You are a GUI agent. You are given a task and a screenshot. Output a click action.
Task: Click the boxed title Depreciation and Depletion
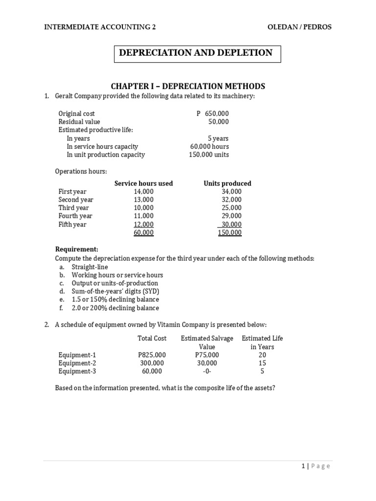[x=197, y=53]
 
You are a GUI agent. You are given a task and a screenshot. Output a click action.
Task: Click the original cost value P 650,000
[x=212, y=114]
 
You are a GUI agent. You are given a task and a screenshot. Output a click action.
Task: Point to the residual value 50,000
[x=218, y=122]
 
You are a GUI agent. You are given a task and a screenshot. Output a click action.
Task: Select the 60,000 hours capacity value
[x=210, y=146]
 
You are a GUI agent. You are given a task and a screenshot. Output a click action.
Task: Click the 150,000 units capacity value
[x=209, y=155]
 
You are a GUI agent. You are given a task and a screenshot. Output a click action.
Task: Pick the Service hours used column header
[x=143, y=183]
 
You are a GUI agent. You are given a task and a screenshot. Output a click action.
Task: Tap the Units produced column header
[x=227, y=183]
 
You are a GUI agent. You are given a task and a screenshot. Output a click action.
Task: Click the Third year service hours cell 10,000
[x=143, y=208]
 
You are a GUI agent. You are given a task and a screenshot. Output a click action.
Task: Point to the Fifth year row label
[x=72, y=224]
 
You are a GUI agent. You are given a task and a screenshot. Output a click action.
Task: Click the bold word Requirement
[x=77, y=249]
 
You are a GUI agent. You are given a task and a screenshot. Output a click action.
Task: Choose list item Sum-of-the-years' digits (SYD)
[x=115, y=291]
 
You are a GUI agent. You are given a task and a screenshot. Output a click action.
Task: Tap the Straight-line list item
[x=90, y=267]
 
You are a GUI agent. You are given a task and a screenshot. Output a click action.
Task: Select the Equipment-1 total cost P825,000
[x=152, y=355]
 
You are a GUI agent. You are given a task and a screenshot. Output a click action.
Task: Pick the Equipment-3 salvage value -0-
[x=207, y=371]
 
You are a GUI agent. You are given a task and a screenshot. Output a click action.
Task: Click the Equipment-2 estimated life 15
[x=262, y=363]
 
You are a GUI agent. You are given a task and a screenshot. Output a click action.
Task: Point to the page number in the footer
[x=304, y=466]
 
